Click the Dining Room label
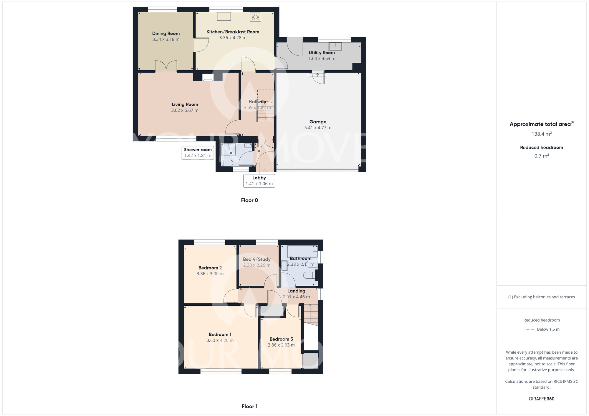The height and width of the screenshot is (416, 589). click(166, 34)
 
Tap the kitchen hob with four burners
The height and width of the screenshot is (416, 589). click(255, 17)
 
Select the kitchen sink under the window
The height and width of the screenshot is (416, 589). click(224, 16)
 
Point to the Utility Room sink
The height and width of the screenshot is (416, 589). click(335, 46)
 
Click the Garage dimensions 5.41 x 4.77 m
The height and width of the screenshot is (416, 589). click(318, 128)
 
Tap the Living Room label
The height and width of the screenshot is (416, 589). click(185, 104)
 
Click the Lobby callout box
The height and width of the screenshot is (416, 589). click(259, 181)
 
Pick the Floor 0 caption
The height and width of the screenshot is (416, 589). click(249, 200)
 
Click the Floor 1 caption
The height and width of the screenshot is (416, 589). click(249, 406)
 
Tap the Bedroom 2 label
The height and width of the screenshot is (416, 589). click(210, 268)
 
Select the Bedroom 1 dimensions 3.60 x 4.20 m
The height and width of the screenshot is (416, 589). click(220, 340)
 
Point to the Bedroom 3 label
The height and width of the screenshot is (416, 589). click(281, 339)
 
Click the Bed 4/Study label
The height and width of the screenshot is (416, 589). click(257, 259)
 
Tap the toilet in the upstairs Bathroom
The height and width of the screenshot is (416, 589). click(309, 275)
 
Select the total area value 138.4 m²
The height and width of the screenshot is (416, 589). click(541, 134)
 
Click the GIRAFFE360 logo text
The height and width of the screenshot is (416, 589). click(541, 399)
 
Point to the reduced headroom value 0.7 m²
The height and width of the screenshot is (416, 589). click(541, 156)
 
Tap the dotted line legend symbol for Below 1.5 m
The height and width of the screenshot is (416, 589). click(529, 330)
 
